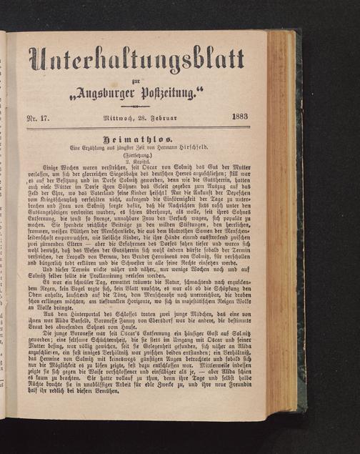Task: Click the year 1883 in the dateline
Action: [x=240, y=118]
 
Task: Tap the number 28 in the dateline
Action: [x=142, y=119]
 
